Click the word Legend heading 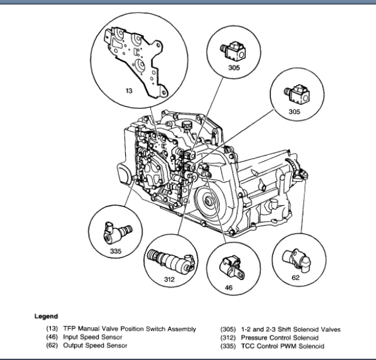46,317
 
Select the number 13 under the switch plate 129,91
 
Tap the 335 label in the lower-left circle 116,251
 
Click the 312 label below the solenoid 169,279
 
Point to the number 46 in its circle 228,287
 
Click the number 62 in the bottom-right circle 296,278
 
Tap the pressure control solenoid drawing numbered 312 170,261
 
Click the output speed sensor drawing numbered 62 296,261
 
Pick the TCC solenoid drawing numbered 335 118,232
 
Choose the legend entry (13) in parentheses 52,329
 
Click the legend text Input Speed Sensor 92,337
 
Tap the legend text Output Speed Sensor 95,346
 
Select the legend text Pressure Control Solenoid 280,338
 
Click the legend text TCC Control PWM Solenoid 282,346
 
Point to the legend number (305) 228,329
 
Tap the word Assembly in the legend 182,329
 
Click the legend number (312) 228,338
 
